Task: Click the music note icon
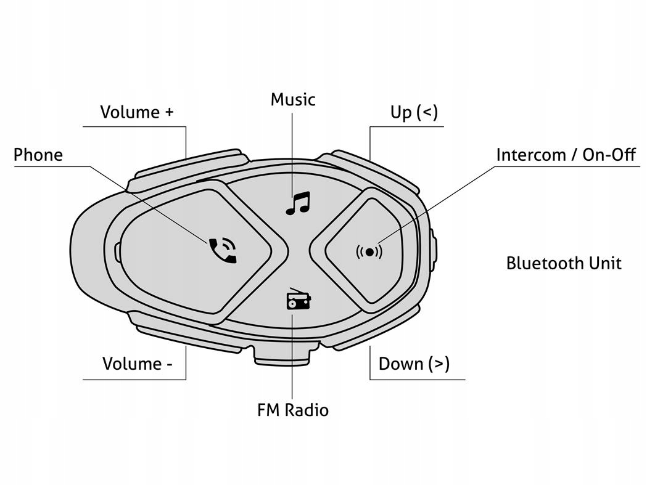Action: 298,203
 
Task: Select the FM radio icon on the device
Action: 299,300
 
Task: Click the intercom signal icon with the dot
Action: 369,251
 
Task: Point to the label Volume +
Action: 137,112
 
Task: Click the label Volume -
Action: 137,364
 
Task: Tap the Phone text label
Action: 38,154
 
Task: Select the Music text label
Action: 293,99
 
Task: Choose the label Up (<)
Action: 414,113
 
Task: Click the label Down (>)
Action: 414,364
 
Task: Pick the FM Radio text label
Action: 293,410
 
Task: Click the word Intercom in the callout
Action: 530,154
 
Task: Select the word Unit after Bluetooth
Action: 604,263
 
